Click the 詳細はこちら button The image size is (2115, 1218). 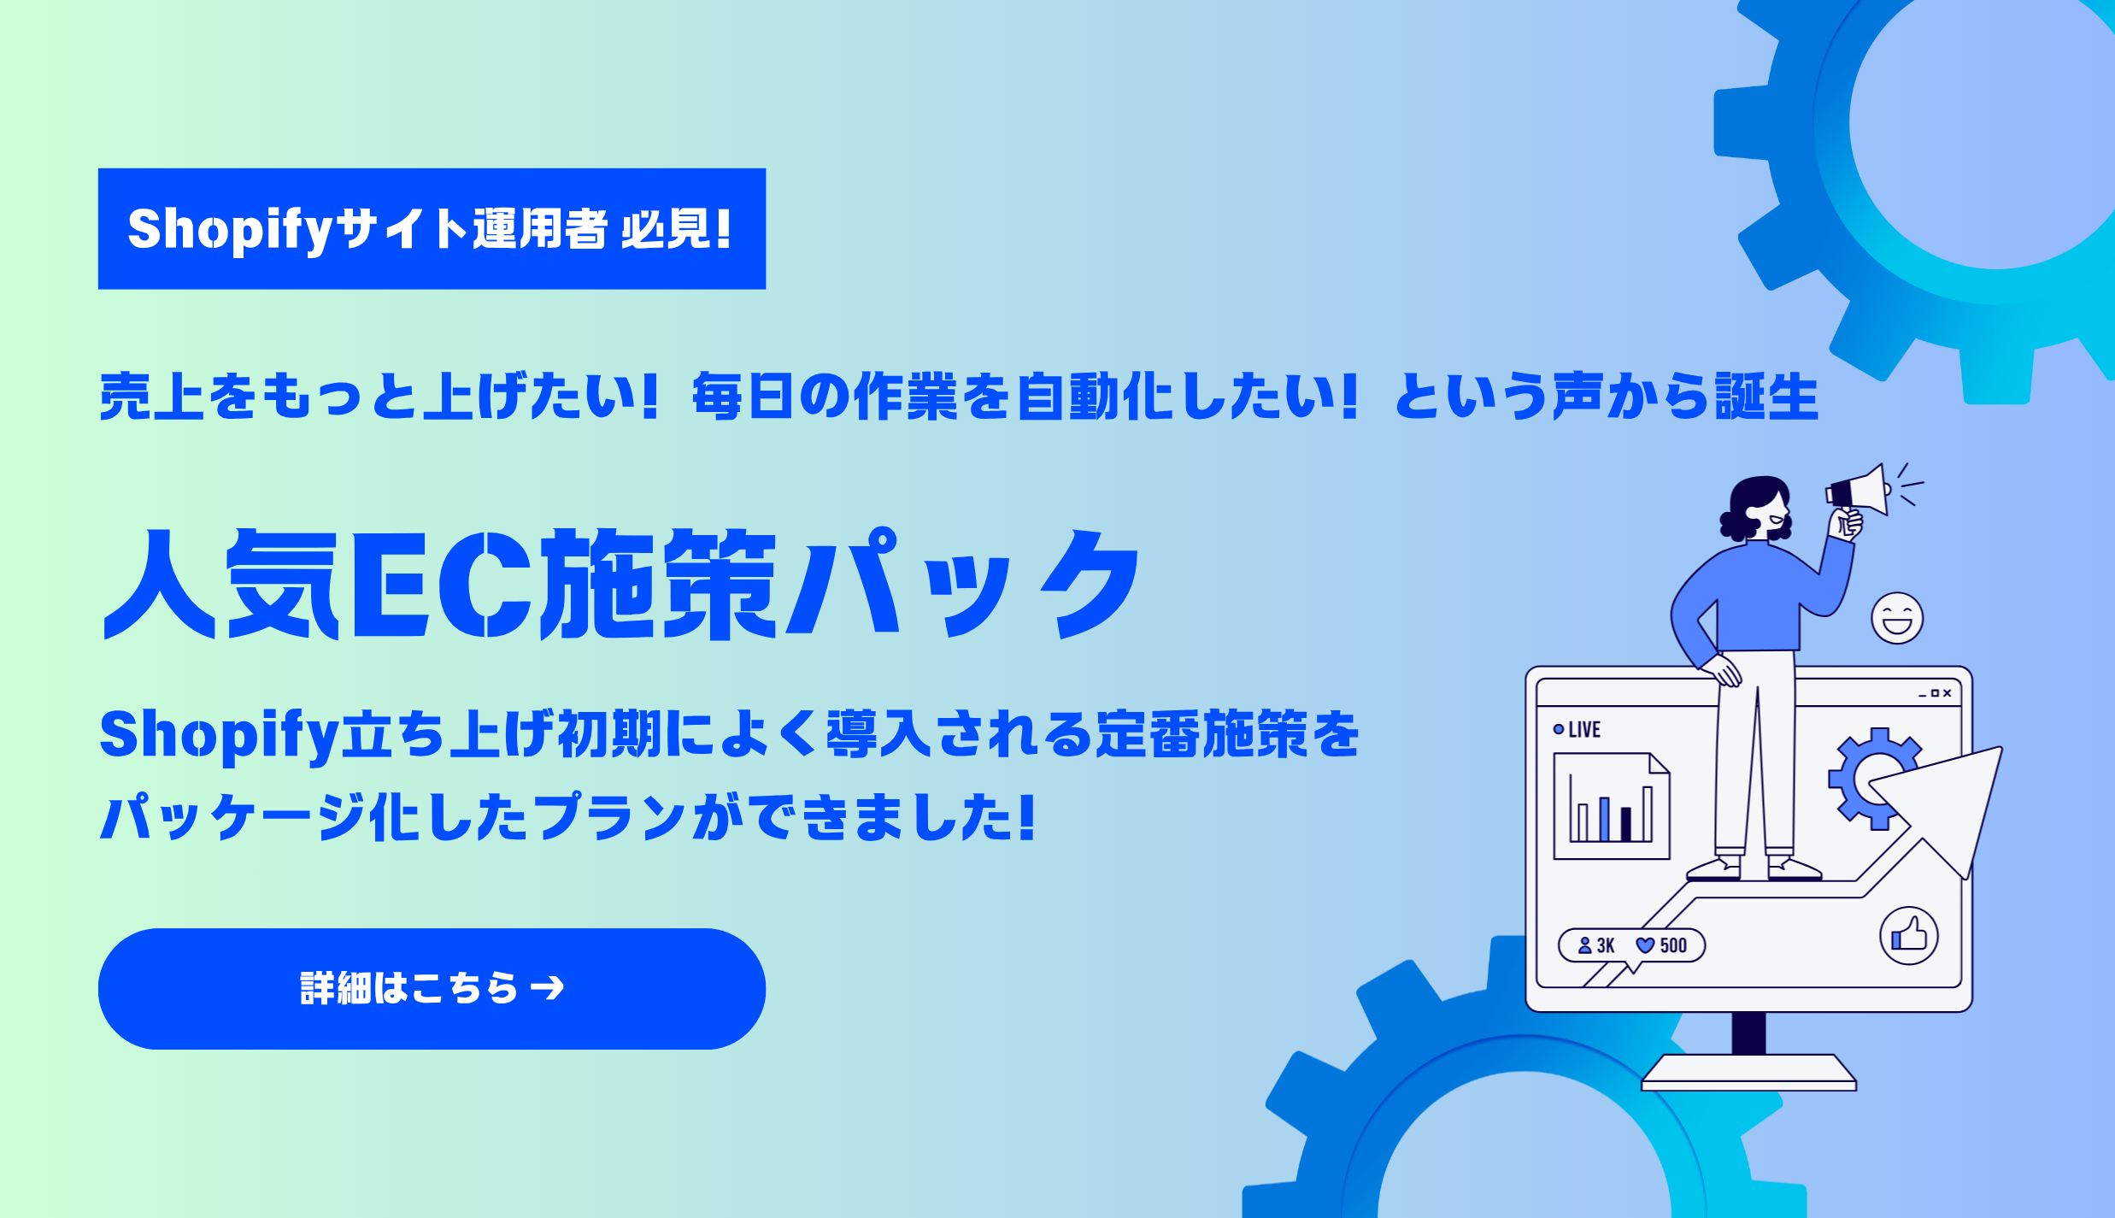tap(432, 988)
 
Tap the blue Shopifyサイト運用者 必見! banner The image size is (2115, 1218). tap(432, 228)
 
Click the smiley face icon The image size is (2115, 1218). tap(1897, 618)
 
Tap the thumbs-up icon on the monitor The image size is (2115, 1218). tap(1909, 935)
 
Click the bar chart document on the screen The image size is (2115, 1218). tap(1611, 805)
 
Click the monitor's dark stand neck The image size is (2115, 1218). tap(1748, 1033)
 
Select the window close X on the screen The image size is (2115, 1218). tap(1948, 693)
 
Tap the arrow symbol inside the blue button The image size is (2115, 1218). tap(548, 988)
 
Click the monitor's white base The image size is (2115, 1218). tap(1748, 1073)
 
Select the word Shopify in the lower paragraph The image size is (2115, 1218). tap(220, 735)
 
